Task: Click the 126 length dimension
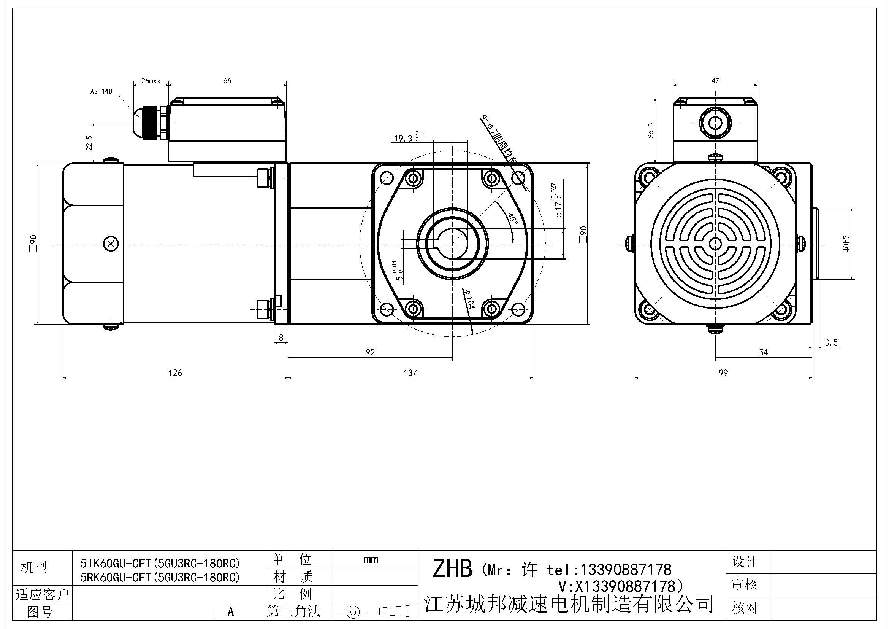175,373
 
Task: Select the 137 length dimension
410,373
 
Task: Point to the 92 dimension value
370,352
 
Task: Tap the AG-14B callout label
101,91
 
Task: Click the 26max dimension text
151,81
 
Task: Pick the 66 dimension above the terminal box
227,81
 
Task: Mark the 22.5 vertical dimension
89,143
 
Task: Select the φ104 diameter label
469,298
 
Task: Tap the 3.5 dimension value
831,342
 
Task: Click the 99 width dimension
723,373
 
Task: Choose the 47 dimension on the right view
715,81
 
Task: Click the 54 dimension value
763,352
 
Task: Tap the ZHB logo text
452,569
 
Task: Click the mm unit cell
371,559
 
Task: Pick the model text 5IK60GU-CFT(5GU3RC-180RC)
160,563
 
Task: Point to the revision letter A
231,611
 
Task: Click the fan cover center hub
715,244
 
